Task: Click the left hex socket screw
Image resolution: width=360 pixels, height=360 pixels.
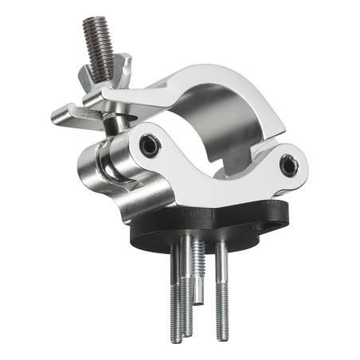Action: (148, 144)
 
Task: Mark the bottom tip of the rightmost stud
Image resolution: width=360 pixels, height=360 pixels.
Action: (221, 316)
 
